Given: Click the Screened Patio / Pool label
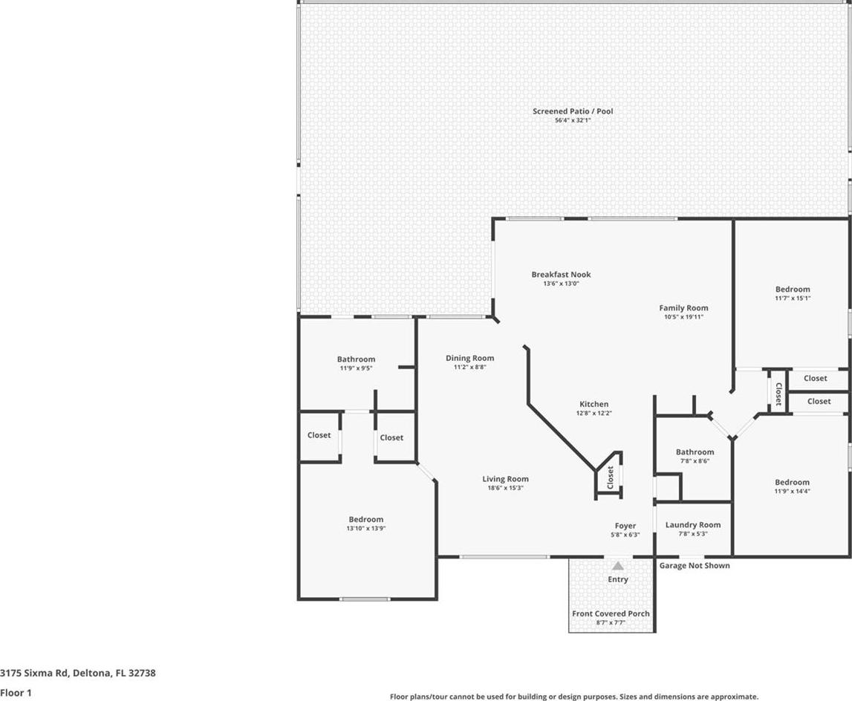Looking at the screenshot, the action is (x=573, y=111).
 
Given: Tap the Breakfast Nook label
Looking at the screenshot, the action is (x=562, y=275).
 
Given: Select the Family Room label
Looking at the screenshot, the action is (x=683, y=308).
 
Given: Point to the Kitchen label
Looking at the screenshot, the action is (x=594, y=404).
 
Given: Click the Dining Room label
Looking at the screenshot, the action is (x=470, y=358).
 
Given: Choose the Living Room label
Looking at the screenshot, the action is (x=505, y=479).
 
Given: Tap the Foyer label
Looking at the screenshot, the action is (x=625, y=526).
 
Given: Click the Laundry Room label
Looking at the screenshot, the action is (x=693, y=525).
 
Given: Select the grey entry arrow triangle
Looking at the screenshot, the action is (x=618, y=566).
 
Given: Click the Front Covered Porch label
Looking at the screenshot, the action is (x=611, y=613).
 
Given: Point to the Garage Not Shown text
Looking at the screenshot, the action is (x=695, y=566).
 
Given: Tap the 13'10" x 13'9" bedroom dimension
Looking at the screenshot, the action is (x=366, y=528).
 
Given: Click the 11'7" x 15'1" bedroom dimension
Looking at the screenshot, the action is (x=793, y=298).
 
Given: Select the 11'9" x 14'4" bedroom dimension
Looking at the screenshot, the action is (x=793, y=491).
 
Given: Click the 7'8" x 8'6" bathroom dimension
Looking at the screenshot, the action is (x=695, y=461).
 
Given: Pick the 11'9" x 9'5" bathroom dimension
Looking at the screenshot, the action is (x=356, y=368).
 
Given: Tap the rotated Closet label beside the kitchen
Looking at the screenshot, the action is (x=610, y=477).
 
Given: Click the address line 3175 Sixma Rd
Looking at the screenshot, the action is (x=78, y=673).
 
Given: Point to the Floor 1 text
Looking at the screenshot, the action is (x=16, y=693).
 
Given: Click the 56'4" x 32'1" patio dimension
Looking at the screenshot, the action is (x=573, y=120).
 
